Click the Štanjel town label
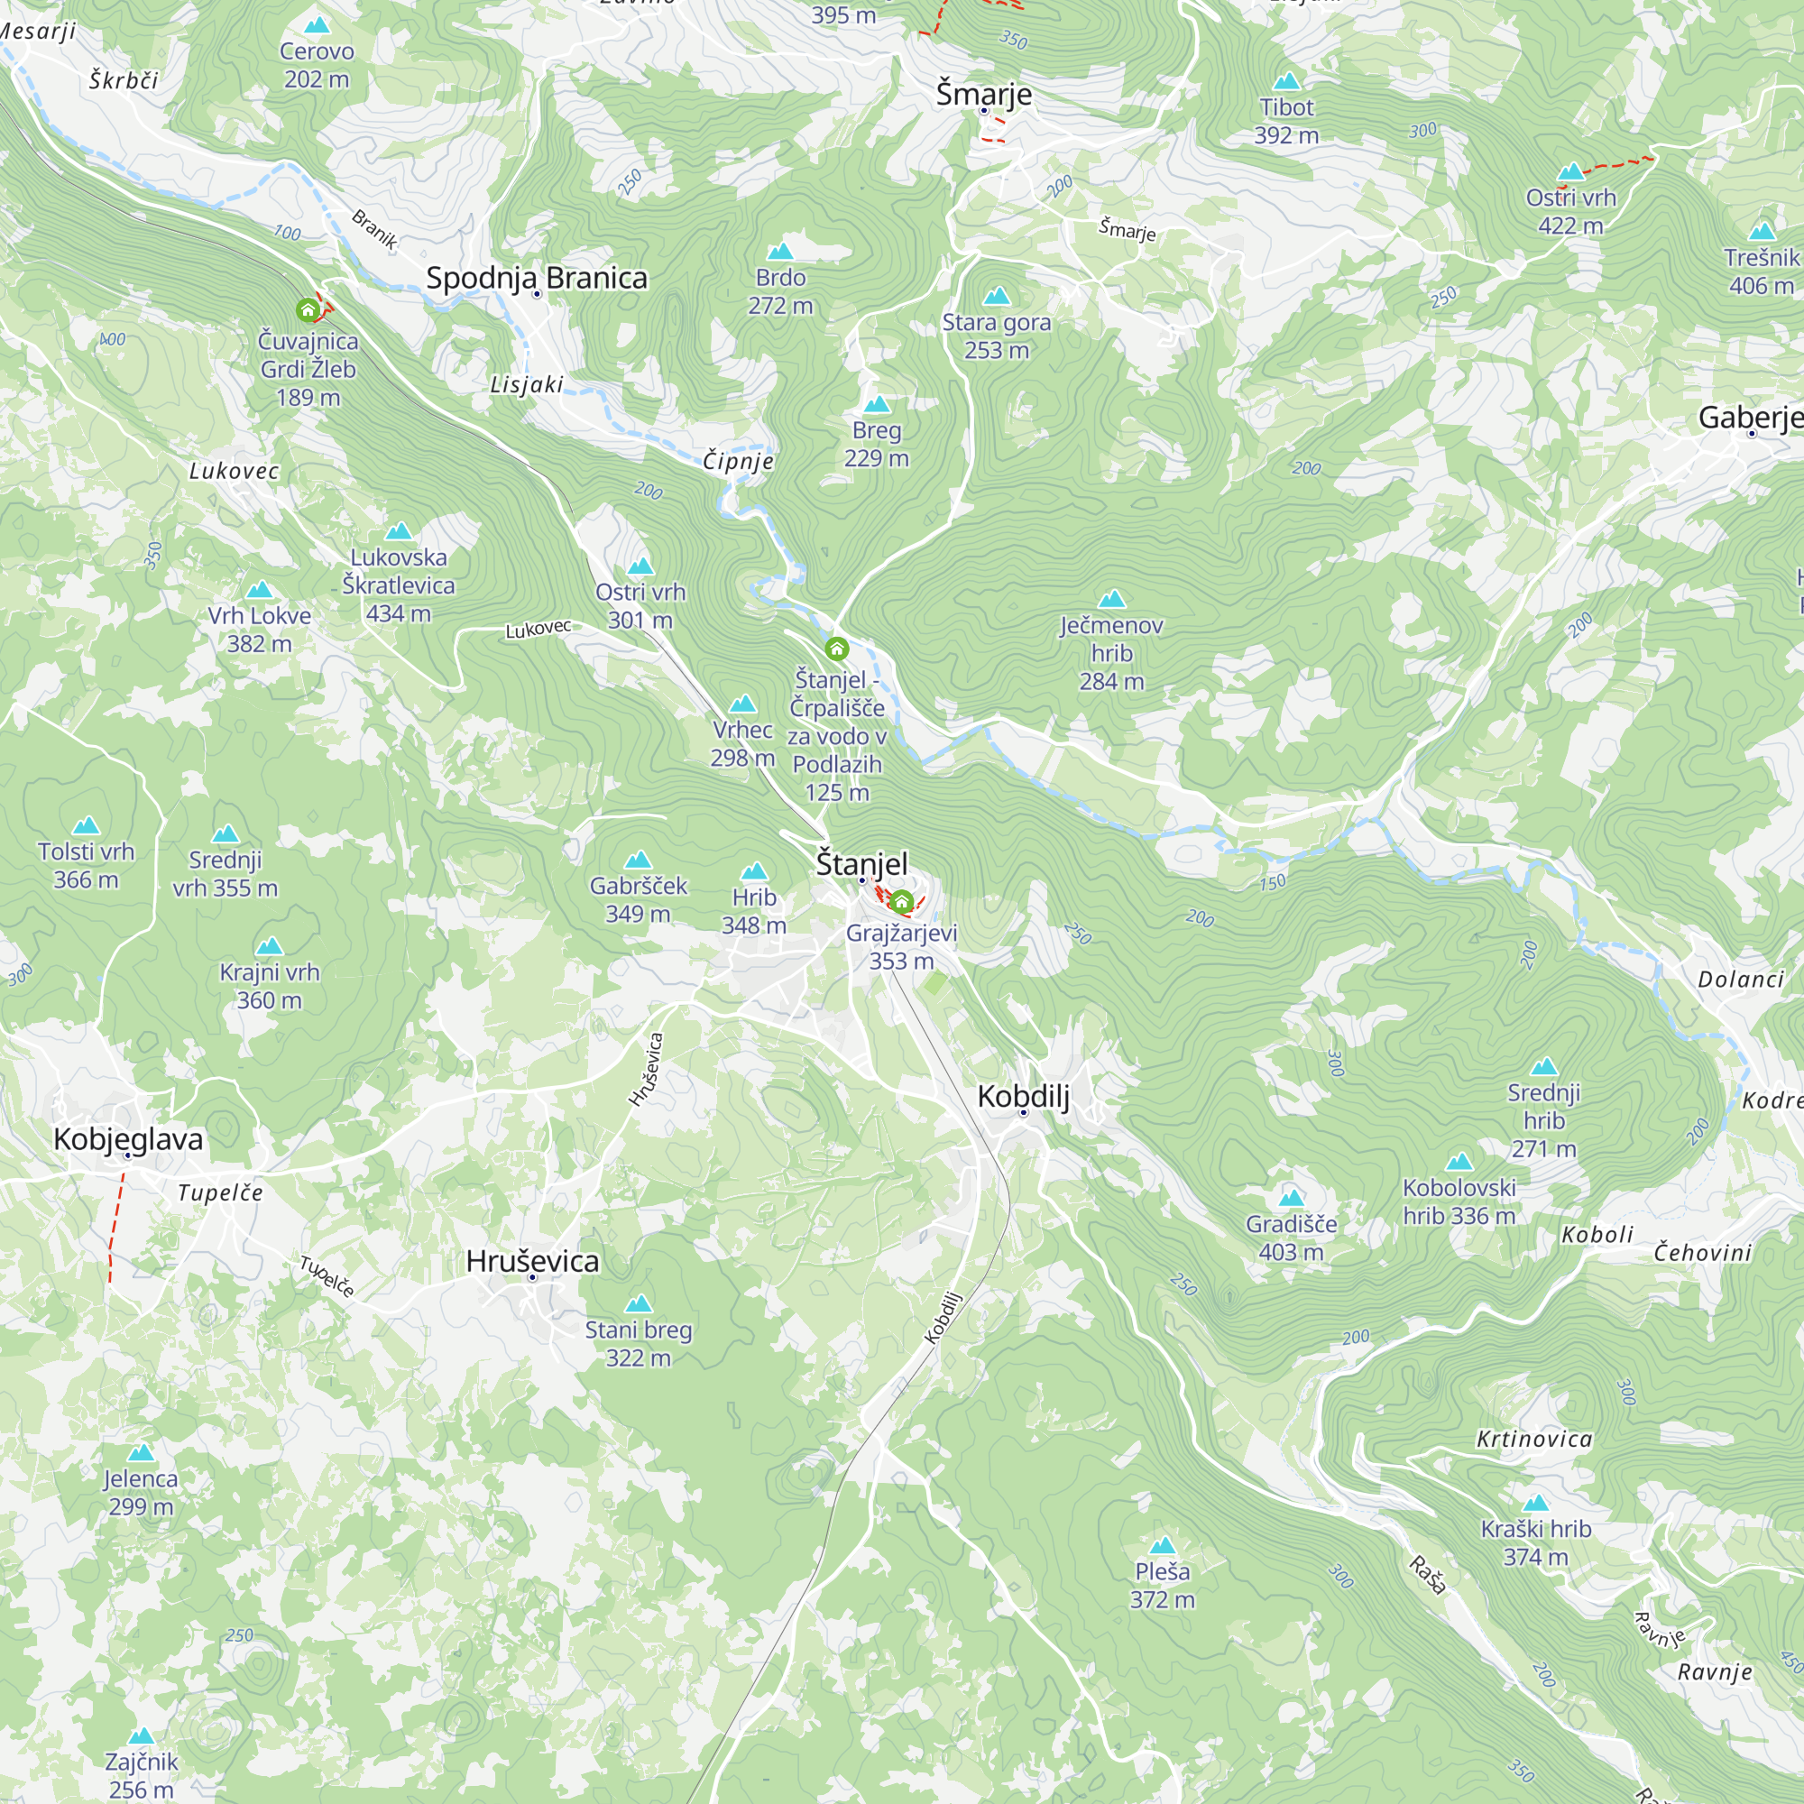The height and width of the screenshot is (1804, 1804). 861,863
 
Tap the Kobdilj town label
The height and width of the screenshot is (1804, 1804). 1023,1095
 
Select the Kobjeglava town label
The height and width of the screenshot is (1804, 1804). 128,1138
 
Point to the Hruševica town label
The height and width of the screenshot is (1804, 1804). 532,1261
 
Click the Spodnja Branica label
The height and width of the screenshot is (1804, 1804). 536,277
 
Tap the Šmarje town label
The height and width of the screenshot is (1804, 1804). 983,94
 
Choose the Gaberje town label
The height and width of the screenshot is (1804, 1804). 1749,417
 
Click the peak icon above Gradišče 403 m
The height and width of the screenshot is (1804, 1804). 1292,1198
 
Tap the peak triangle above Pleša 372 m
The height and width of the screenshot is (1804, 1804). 1162,1545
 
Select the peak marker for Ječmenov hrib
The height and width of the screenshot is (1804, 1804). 1111,599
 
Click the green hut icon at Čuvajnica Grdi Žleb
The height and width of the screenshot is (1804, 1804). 308,309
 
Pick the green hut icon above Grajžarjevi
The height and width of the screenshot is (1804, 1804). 901,901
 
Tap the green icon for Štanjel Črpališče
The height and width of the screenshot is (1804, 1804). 837,648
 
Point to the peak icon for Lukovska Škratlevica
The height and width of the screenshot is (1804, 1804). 399,531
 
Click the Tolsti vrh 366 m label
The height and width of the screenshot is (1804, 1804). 86,865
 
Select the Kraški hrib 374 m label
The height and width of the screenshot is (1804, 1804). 1535,1542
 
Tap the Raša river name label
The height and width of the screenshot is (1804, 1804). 1427,1574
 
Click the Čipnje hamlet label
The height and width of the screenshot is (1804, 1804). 738,460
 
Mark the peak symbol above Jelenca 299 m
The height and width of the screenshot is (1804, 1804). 141,1453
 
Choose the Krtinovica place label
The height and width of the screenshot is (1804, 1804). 1534,1439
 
